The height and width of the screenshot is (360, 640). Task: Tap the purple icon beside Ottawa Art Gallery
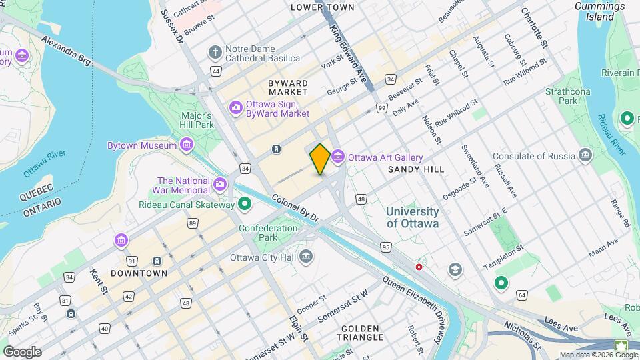pos(337,157)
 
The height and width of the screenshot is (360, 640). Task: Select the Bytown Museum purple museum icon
pos(186,145)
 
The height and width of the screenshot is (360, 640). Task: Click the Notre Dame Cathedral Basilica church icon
pos(215,51)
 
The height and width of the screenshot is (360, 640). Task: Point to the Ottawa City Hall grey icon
pos(306,255)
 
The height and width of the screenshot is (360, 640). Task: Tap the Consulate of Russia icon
pos(585,156)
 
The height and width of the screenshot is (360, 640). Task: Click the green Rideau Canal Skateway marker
pos(245,204)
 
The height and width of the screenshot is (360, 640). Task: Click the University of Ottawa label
pos(412,217)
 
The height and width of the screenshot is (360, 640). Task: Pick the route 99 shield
pos(381,107)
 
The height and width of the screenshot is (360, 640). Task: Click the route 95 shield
pos(385,247)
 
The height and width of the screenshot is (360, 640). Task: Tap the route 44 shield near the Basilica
pos(215,70)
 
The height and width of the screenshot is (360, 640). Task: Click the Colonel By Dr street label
pos(295,208)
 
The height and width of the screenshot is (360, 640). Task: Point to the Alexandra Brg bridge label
pos(65,50)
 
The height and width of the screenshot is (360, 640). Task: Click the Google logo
pos(21,351)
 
